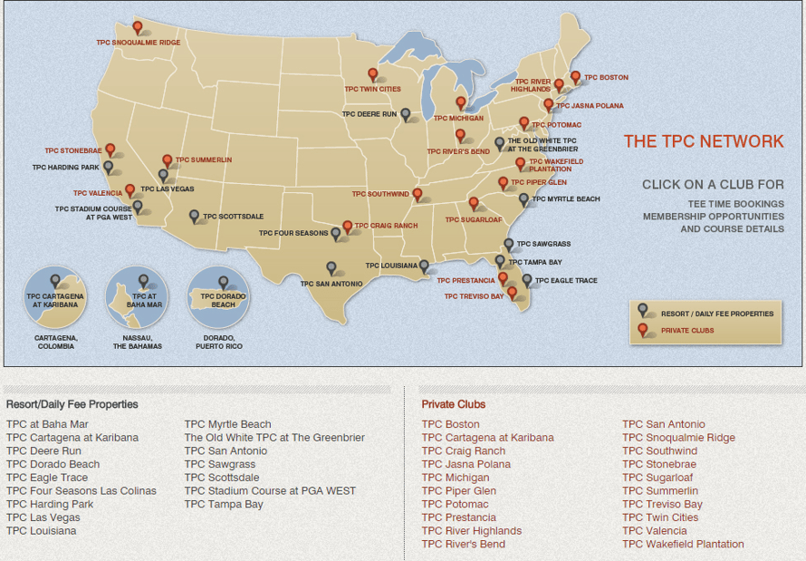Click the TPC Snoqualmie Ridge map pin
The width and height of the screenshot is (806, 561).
click(x=138, y=27)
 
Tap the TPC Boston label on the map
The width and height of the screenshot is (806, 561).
click(x=606, y=78)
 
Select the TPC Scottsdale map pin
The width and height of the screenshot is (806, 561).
click(x=195, y=216)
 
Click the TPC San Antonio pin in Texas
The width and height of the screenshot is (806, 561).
click(x=331, y=267)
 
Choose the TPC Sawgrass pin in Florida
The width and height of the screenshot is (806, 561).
click(x=509, y=244)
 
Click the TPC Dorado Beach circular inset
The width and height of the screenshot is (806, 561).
click(x=217, y=297)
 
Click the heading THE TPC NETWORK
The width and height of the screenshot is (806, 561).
click(x=703, y=141)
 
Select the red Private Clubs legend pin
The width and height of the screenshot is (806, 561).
click(x=643, y=329)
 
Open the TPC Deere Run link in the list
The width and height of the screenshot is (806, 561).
click(x=43, y=450)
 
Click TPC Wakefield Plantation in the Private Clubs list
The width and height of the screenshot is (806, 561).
click(x=683, y=545)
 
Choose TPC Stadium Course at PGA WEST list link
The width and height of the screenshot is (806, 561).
click(x=270, y=491)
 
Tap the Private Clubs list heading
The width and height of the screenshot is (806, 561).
click(x=453, y=404)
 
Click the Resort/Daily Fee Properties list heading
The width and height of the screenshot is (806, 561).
click(x=72, y=404)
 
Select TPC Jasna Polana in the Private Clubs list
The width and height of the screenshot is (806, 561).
click(x=465, y=464)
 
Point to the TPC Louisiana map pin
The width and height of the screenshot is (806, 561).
click(x=424, y=266)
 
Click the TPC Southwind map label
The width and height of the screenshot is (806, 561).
click(x=380, y=194)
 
